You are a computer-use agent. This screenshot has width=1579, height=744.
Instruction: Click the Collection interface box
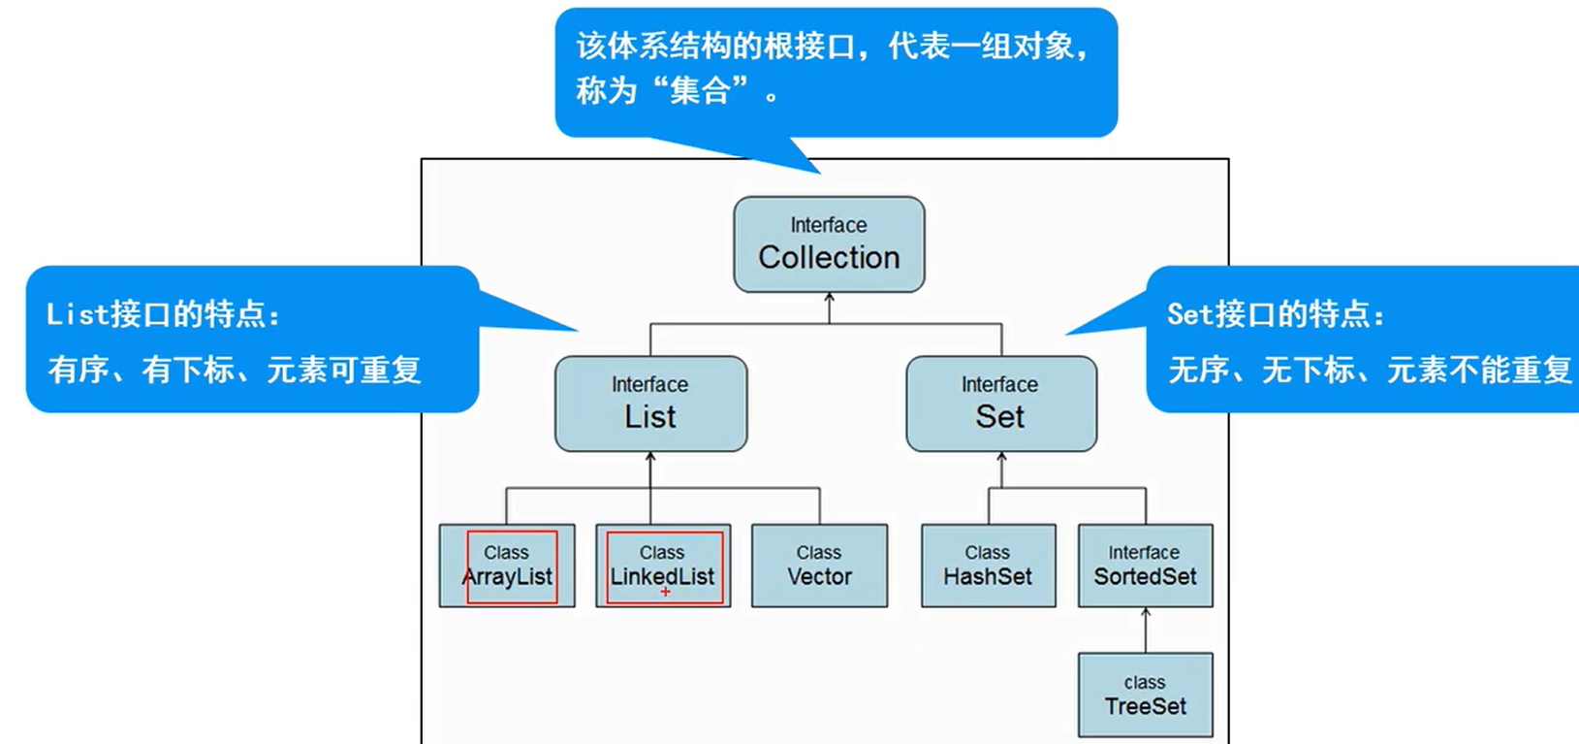(829, 244)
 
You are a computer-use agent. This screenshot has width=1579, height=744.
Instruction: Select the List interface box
(650, 404)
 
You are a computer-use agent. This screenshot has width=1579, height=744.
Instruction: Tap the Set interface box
(1001, 404)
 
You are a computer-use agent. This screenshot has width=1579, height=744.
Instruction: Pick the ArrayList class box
(507, 566)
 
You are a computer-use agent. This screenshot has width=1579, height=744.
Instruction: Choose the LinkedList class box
(663, 566)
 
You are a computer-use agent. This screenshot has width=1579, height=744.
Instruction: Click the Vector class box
(819, 566)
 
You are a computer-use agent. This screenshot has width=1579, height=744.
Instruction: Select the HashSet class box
(988, 566)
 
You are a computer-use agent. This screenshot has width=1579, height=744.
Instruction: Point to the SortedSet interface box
(1145, 566)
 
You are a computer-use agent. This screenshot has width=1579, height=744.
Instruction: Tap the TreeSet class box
(1145, 695)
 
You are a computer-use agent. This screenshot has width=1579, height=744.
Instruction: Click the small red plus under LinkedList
(665, 592)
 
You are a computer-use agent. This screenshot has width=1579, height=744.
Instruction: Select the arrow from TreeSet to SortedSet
(1146, 630)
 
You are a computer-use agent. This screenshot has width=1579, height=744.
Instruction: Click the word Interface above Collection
(829, 225)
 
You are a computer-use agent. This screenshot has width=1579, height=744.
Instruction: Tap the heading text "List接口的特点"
(163, 314)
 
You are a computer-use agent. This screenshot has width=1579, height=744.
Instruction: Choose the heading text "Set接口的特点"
(1276, 314)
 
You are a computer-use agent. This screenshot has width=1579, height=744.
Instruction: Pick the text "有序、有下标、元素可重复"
(235, 370)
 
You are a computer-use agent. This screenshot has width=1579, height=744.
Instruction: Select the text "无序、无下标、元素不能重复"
(1370, 370)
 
